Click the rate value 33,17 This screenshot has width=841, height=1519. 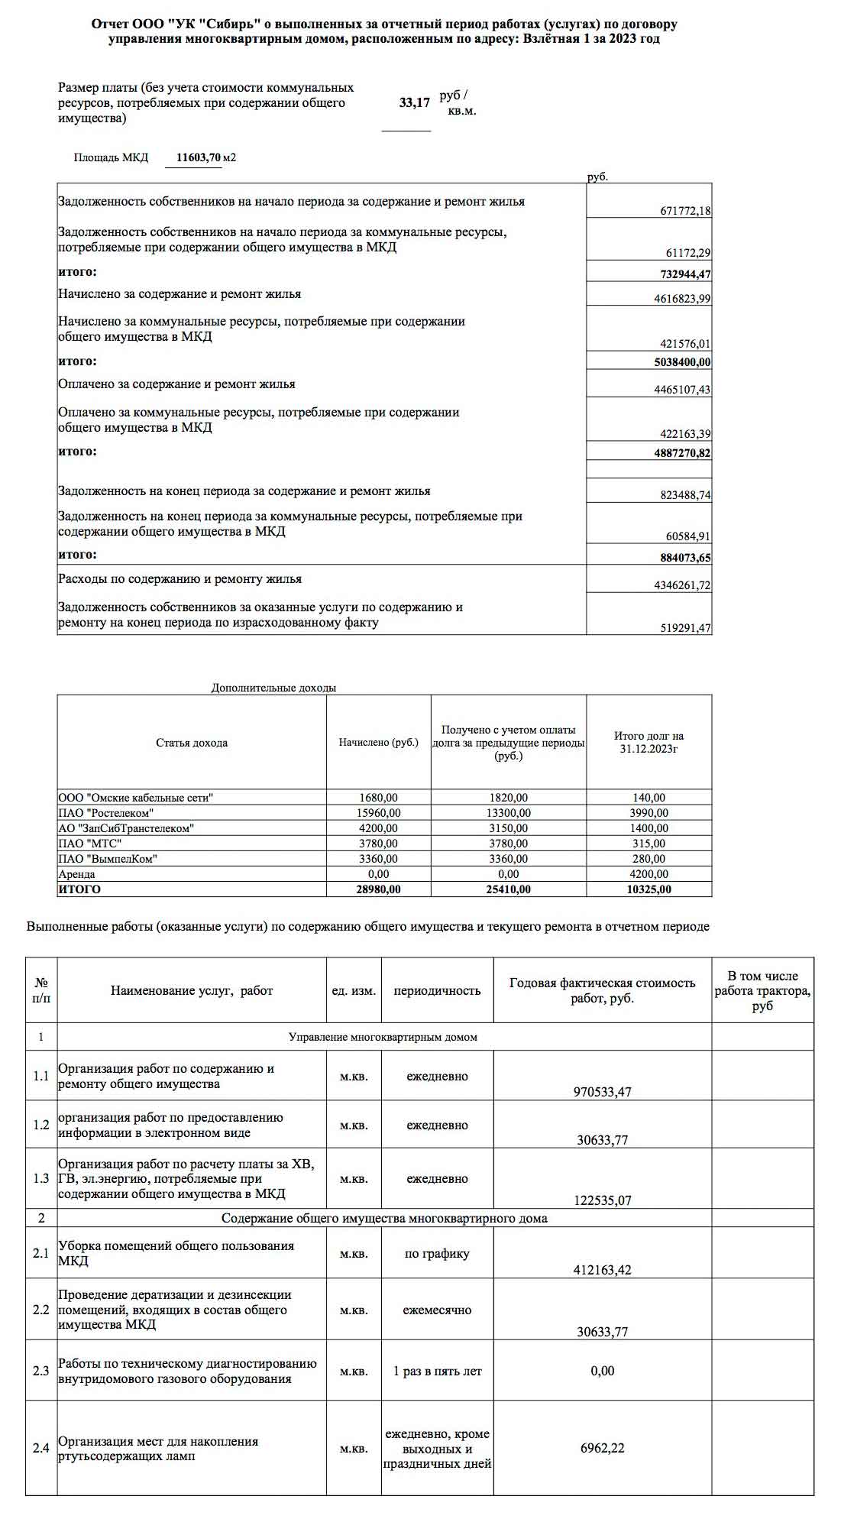click(414, 102)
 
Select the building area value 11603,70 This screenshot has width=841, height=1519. click(199, 157)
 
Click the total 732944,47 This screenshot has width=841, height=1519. click(685, 274)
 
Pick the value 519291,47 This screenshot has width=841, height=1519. click(685, 628)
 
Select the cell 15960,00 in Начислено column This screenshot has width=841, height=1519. click(378, 813)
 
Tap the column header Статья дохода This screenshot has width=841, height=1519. click(192, 743)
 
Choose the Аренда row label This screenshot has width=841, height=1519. click(76, 874)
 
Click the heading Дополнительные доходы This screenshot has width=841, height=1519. click(273, 688)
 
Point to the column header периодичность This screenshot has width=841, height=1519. click(437, 990)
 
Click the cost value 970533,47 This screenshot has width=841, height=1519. click(602, 1092)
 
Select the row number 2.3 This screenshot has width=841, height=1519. click(41, 1371)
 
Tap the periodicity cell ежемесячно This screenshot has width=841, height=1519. click(437, 1310)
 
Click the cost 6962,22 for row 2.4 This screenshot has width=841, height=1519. click(602, 1448)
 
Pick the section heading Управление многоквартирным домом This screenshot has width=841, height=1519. click(383, 1037)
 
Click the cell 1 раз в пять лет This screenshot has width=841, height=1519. click(437, 1371)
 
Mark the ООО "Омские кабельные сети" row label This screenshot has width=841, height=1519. click(135, 798)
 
